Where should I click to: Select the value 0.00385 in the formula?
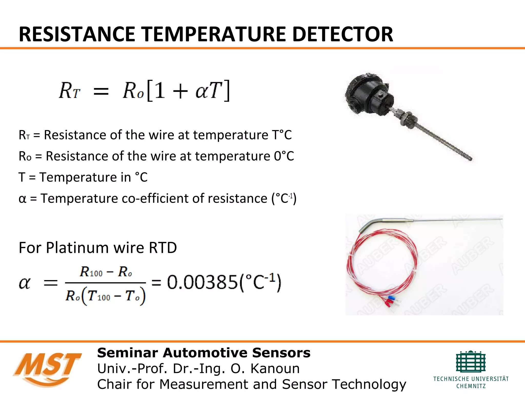click(203, 282)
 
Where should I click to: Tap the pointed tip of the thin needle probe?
click(501, 219)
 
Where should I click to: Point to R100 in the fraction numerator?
click(91, 272)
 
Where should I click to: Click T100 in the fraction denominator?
click(99, 296)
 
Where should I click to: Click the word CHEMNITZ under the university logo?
click(471, 386)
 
